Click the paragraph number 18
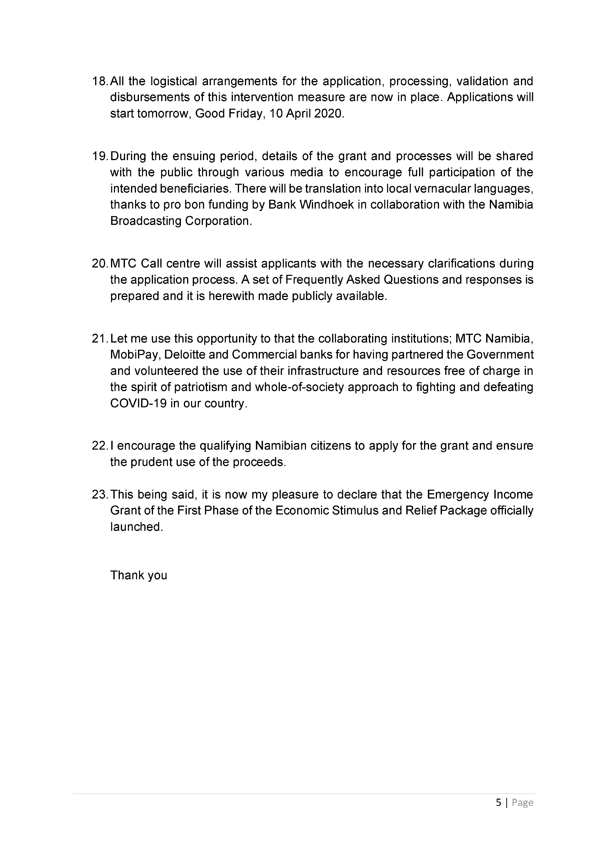(100, 81)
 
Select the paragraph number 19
(100, 156)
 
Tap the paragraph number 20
(100, 264)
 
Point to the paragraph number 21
(100, 339)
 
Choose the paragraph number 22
(100, 446)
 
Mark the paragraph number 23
(100, 495)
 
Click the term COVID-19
(138, 404)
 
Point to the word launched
(137, 527)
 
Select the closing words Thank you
(138, 575)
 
